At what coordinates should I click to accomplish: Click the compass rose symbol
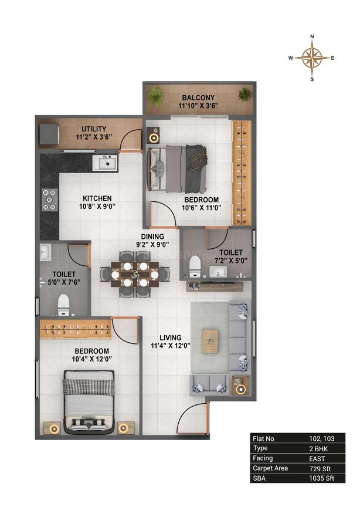tap(311, 57)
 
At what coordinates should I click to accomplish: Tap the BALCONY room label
tap(198, 97)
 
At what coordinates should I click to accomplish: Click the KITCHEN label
tap(97, 198)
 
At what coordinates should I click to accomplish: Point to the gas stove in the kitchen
tap(50, 200)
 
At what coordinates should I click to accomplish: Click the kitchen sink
tap(106, 163)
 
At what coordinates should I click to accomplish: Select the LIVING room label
tap(169, 337)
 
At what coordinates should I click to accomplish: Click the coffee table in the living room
tap(209, 340)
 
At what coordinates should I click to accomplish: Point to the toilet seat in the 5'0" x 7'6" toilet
tap(63, 303)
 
